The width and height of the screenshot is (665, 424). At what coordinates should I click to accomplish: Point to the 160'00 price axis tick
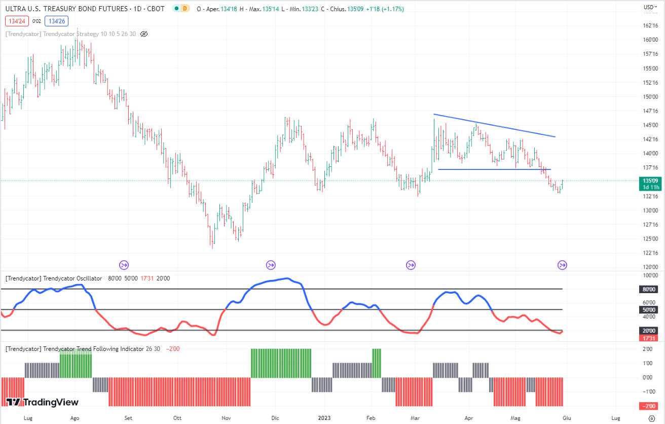click(x=650, y=40)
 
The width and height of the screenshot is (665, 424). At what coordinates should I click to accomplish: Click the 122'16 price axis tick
click(x=650, y=253)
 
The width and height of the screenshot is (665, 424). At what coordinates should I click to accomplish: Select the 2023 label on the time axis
click(x=324, y=418)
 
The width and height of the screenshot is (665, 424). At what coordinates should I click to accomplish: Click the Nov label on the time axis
click(x=227, y=418)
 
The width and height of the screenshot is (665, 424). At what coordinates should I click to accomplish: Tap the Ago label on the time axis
click(x=75, y=418)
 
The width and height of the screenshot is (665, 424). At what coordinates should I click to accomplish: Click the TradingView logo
click(x=43, y=402)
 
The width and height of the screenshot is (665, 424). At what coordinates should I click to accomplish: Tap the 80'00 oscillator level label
click(x=648, y=289)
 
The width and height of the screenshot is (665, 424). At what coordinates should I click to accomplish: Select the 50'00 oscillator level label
click(x=648, y=309)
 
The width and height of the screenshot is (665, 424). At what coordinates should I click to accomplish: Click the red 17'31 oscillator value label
click(x=648, y=337)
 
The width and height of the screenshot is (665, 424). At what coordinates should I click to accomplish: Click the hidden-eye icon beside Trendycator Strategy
click(x=143, y=34)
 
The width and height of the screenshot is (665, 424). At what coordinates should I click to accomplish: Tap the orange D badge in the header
click(x=184, y=8)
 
